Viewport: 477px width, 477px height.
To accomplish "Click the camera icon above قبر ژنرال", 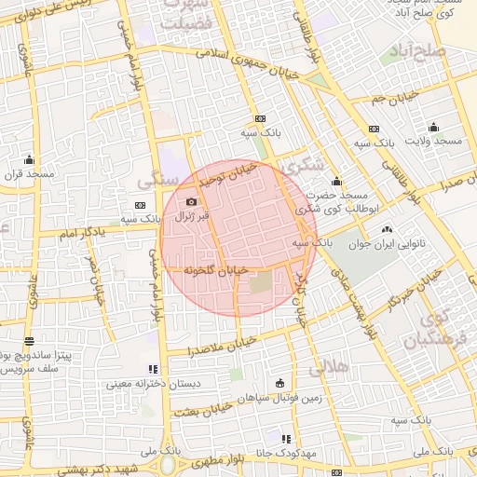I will tap(191, 202).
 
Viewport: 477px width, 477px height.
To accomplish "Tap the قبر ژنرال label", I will tap(191, 216).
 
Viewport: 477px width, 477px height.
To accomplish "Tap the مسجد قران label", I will tap(29, 173).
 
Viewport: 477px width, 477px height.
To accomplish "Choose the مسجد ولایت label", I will tap(432, 141).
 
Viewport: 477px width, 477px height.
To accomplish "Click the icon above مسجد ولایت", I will tap(432, 128).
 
